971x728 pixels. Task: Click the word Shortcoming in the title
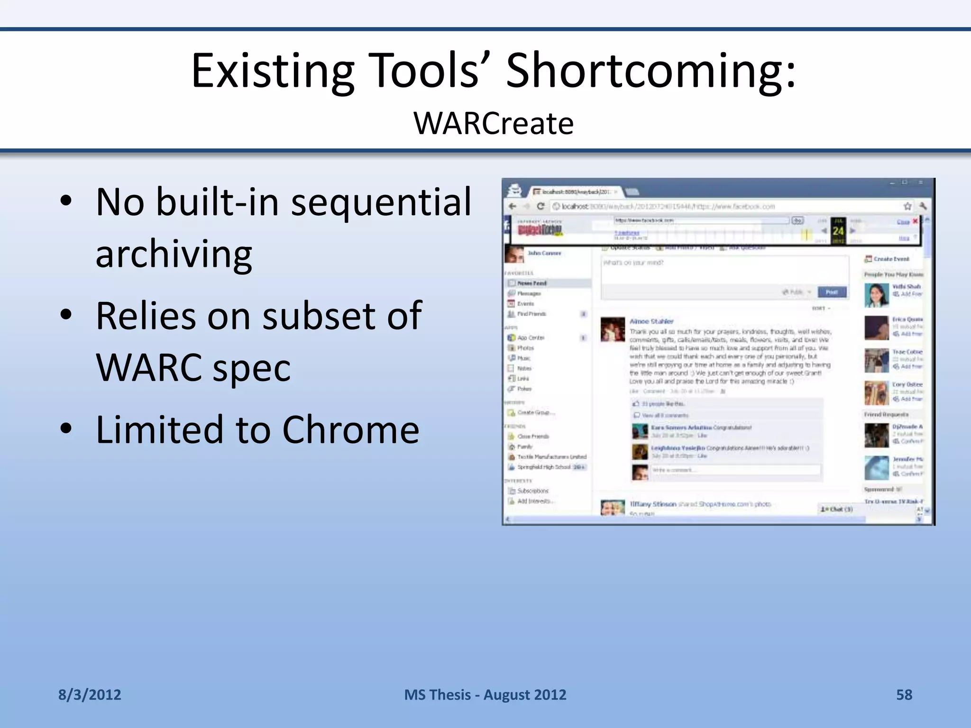coord(650,71)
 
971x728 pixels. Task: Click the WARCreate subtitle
coord(493,123)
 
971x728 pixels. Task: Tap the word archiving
coord(174,254)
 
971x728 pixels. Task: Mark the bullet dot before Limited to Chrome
coord(66,428)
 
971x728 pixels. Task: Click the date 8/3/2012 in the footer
coord(90,695)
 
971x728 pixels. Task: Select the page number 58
coord(904,695)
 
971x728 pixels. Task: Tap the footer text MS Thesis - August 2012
coord(485,695)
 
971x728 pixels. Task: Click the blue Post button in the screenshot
coord(832,292)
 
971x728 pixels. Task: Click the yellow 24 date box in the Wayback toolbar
coord(838,231)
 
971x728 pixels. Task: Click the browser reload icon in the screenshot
coord(540,206)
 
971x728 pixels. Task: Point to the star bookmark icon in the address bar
coord(907,206)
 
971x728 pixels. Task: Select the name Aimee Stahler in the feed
coord(651,321)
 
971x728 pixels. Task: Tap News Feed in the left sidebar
coord(531,283)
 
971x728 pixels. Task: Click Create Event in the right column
coord(891,259)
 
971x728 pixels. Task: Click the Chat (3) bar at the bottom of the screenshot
coord(837,509)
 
